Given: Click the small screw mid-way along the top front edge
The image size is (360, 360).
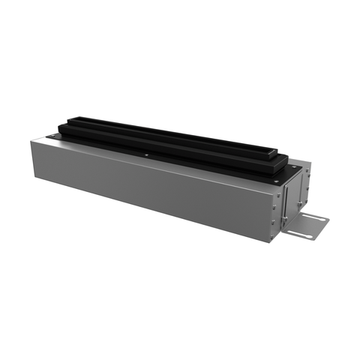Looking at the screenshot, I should pyautogui.click(x=147, y=156).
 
